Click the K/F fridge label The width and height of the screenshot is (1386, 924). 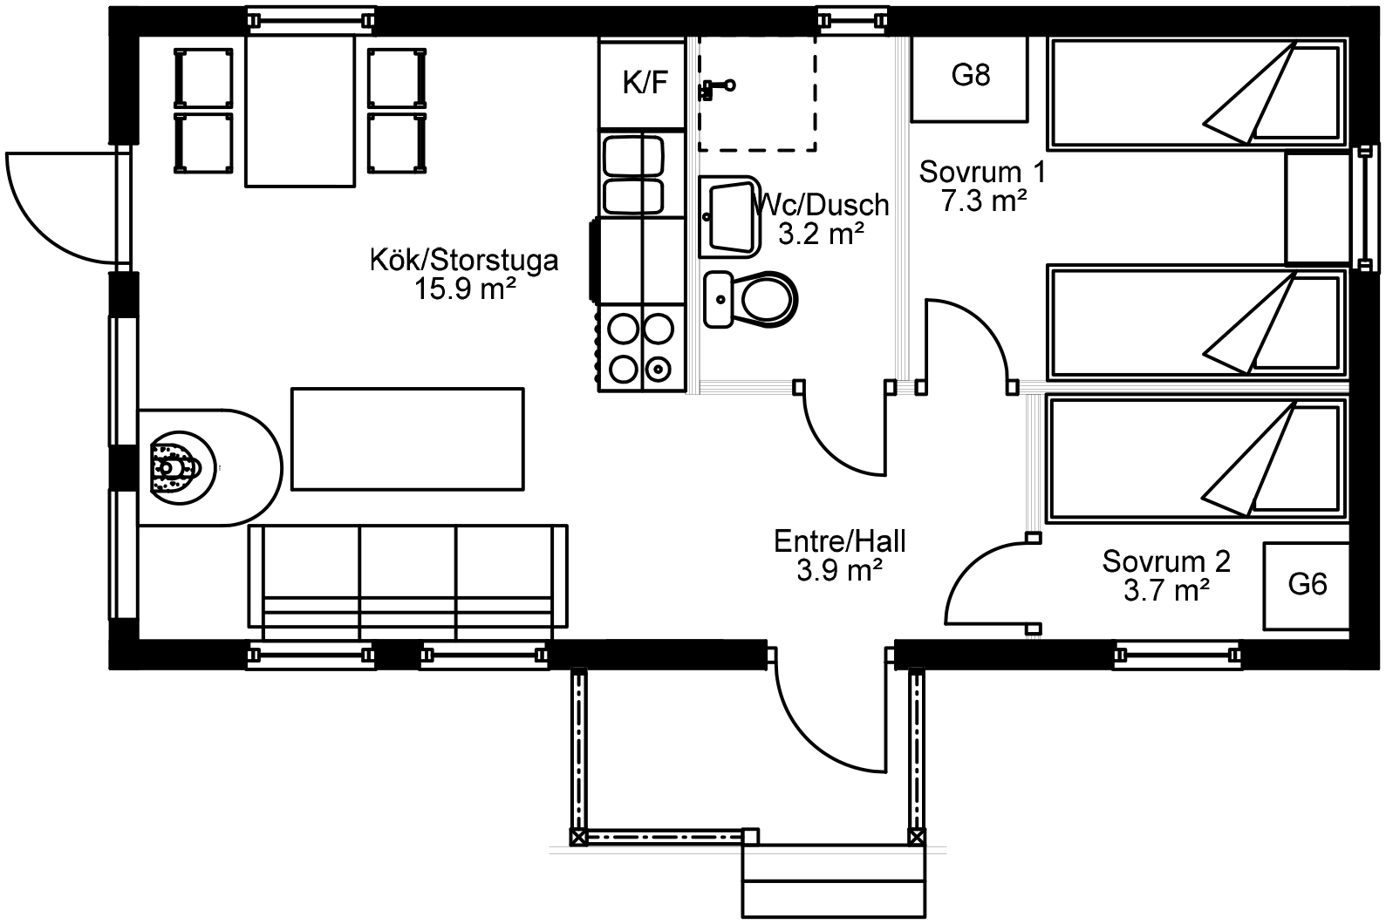(645, 82)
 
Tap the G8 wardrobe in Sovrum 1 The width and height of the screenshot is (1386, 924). (969, 78)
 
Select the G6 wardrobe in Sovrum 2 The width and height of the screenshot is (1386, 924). (1306, 587)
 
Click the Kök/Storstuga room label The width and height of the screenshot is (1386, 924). (464, 261)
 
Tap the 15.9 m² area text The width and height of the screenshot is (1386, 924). (465, 289)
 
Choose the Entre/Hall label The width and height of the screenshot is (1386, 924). (840, 541)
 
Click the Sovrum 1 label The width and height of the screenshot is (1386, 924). (982, 172)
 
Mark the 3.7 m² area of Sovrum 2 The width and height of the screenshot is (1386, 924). (1166, 590)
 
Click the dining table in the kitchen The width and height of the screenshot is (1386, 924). (300, 111)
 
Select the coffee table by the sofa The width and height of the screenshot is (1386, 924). (407, 439)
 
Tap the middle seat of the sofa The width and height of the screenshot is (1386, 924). (407, 581)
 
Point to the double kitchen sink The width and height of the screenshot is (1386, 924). (633, 175)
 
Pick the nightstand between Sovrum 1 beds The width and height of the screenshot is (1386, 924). (1317, 207)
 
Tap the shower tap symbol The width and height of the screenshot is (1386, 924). (716, 89)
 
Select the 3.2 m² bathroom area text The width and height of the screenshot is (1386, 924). (821, 234)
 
